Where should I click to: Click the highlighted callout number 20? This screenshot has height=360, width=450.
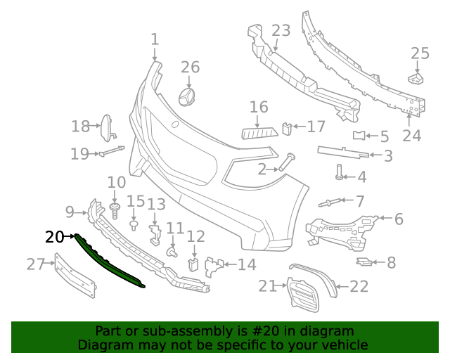(x=54, y=237)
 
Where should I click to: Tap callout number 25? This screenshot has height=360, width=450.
(x=420, y=53)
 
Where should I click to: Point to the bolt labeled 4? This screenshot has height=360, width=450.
(x=340, y=171)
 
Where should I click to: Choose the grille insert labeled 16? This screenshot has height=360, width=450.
(x=258, y=133)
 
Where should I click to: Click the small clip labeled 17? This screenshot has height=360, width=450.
(x=286, y=128)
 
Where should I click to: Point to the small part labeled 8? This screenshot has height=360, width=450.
(x=364, y=262)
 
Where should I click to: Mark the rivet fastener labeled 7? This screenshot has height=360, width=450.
(x=330, y=203)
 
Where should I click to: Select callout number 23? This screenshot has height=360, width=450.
(x=281, y=30)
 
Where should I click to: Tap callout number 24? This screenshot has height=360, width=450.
(x=411, y=135)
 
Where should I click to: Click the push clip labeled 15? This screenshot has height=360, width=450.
(x=134, y=224)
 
